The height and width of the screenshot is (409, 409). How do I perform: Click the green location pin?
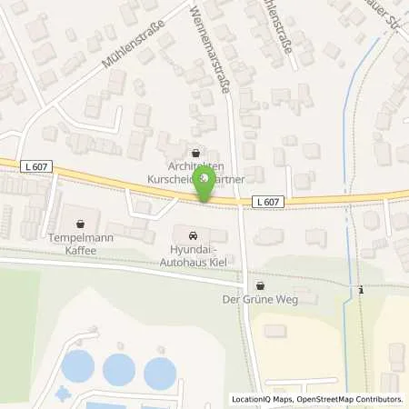point(207,181)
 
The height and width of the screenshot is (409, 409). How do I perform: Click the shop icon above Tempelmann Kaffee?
point(81,222)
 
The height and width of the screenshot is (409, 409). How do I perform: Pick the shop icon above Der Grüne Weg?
point(261,284)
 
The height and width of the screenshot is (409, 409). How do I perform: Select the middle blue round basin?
point(119,369)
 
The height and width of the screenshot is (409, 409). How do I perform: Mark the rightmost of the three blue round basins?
point(160,371)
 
